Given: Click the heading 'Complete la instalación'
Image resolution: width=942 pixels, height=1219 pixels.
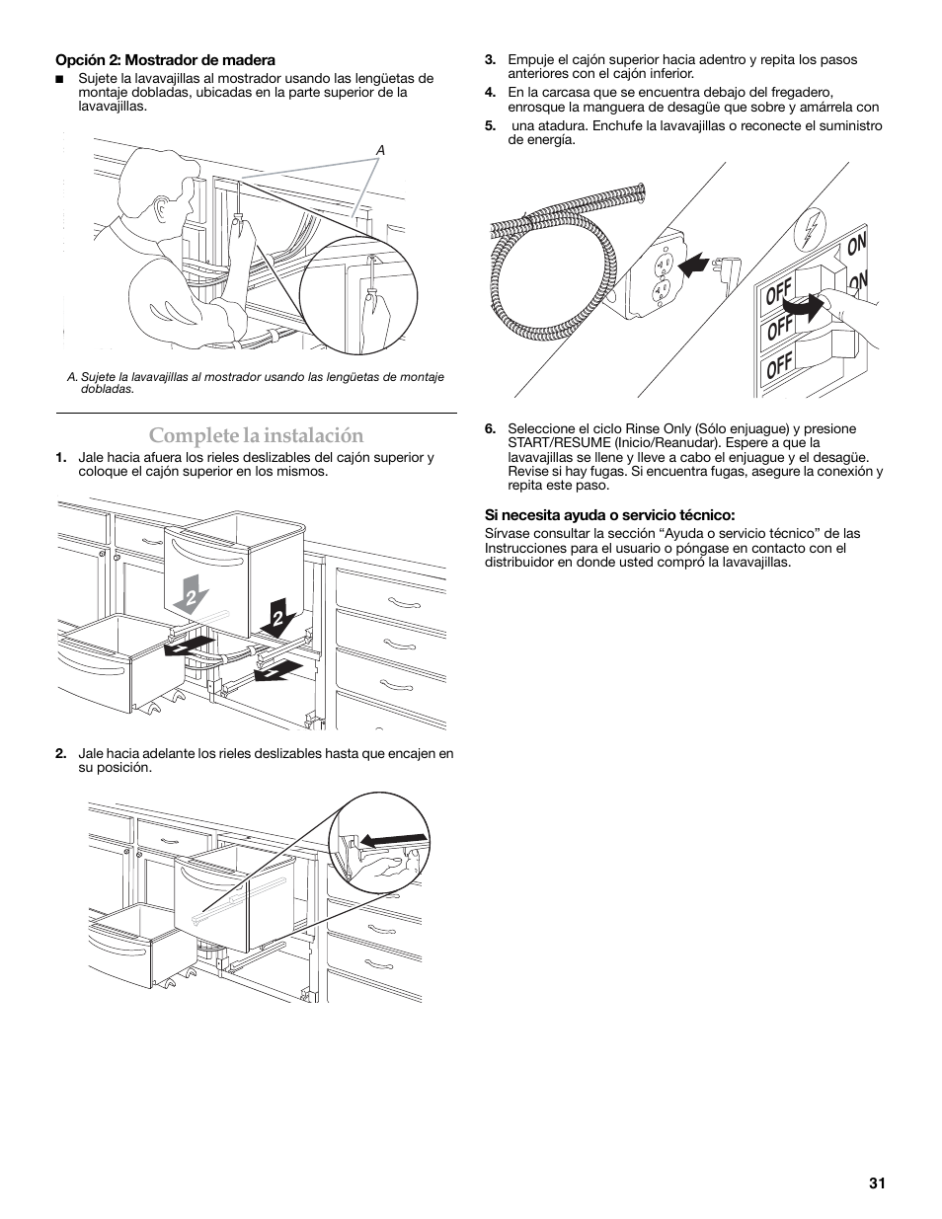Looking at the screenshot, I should [x=256, y=435].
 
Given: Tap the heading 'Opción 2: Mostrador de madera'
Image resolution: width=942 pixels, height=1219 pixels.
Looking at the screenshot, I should [x=165, y=60].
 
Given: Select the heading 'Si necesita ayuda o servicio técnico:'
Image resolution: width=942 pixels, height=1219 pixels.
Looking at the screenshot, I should [x=609, y=514].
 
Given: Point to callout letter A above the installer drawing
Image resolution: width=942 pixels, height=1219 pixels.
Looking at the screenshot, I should [x=379, y=150].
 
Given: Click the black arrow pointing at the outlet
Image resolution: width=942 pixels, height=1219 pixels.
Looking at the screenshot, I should [x=695, y=265].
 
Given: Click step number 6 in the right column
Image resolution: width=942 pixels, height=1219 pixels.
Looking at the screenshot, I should [x=490, y=428].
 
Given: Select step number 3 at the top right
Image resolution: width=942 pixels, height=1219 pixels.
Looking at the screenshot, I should [x=490, y=59].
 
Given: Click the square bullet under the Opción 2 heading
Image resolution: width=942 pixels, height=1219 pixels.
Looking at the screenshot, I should [x=59, y=79].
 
